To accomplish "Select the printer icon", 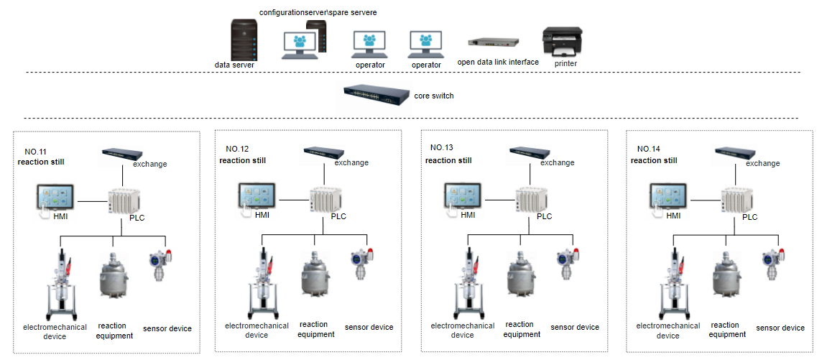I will point(562,42).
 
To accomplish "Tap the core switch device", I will point(373,96).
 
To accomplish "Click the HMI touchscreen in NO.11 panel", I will point(57,198).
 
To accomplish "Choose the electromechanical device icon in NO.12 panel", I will point(266,281).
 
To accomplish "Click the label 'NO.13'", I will point(442,148).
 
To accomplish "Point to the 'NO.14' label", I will point(647,149).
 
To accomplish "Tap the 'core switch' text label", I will point(434,96).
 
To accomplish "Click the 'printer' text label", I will point(565,63).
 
